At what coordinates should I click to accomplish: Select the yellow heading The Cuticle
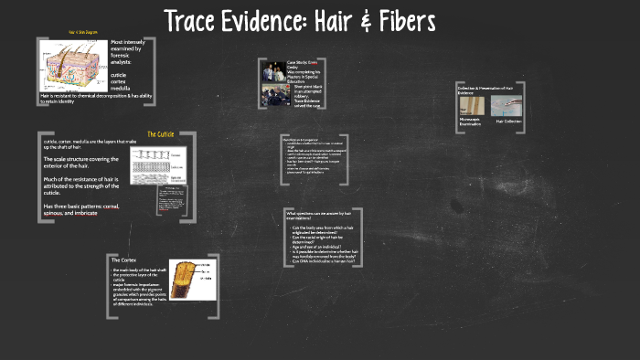(160, 134)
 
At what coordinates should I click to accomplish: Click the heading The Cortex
(123, 260)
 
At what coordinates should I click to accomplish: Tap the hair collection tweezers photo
(507, 106)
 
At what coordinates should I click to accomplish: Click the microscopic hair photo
(469, 106)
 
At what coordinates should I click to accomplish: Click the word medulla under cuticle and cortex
(121, 89)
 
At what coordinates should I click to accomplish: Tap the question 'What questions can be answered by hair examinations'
(315, 216)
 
